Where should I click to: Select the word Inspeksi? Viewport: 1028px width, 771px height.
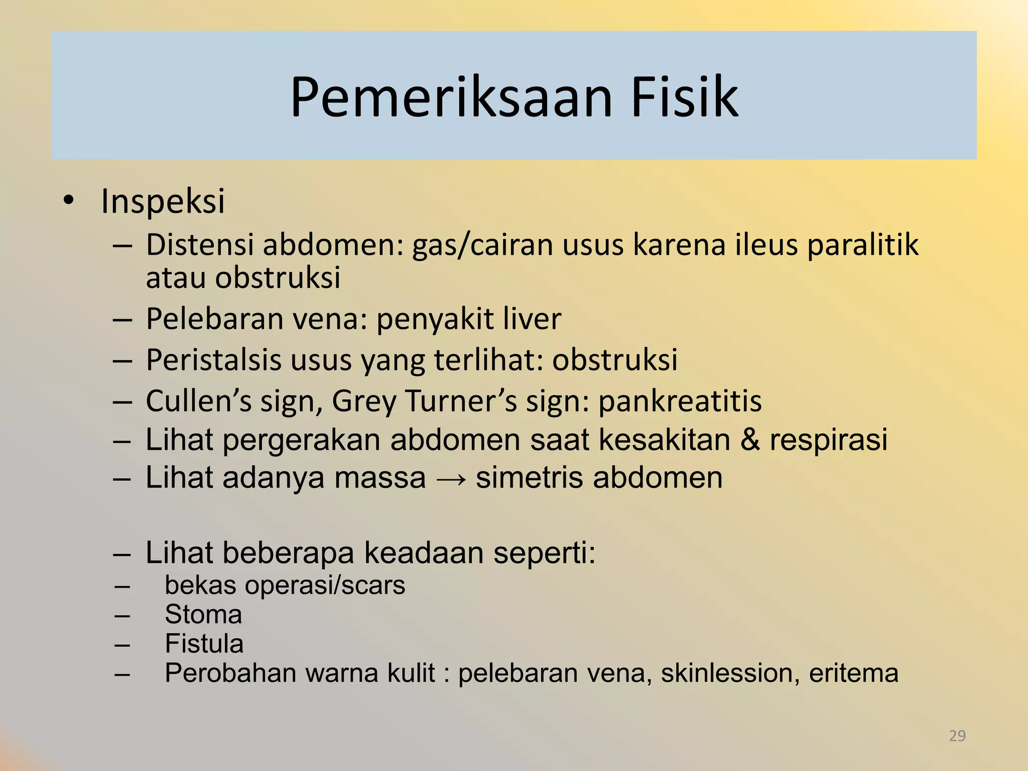click(x=163, y=201)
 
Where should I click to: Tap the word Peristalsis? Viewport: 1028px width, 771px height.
click(x=213, y=360)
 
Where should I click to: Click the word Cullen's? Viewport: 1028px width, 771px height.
click(x=199, y=401)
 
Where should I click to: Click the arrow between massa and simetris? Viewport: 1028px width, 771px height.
click(x=451, y=478)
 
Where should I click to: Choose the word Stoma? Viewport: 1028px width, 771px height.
click(x=203, y=614)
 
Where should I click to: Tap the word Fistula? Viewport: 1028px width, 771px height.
click(x=204, y=644)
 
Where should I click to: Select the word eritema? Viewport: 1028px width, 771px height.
click(x=853, y=673)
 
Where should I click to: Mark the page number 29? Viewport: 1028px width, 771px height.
click(x=957, y=736)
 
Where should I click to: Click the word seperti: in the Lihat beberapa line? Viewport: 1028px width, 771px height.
click(x=544, y=553)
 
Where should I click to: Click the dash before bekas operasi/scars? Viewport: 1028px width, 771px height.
click(x=122, y=586)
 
